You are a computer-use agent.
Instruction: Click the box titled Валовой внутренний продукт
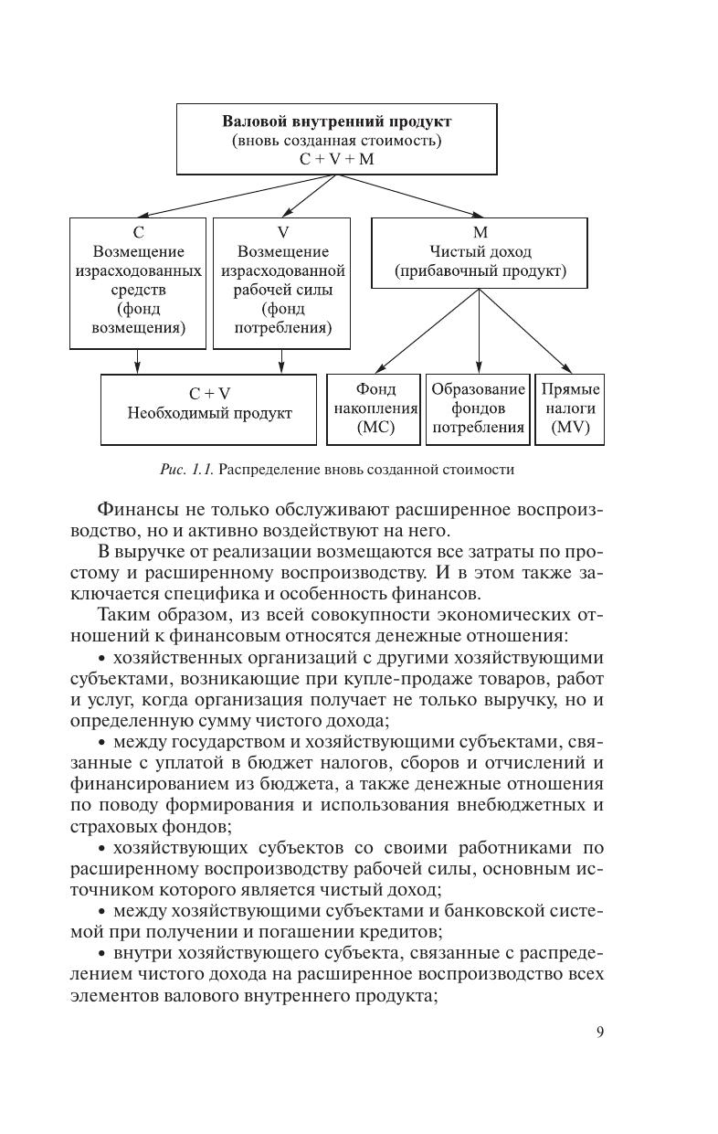click(x=337, y=138)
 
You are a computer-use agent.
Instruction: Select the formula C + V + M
click(x=337, y=159)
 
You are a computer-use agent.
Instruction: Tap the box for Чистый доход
click(x=480, y=252)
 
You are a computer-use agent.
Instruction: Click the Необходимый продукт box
click(x=209, y=409)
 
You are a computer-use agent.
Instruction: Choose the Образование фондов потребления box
click(x=478, y=409)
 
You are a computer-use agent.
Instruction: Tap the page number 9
click(x=600, y=1033)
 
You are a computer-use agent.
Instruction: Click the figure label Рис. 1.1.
click(x=187, y=470)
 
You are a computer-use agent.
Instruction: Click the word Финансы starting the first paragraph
click(x=132, y=508)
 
